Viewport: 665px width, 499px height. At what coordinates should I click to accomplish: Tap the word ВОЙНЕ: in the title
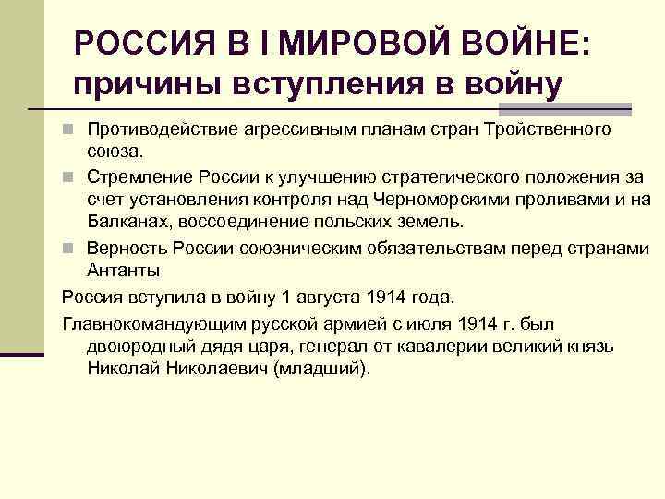[x=520, y=42]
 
